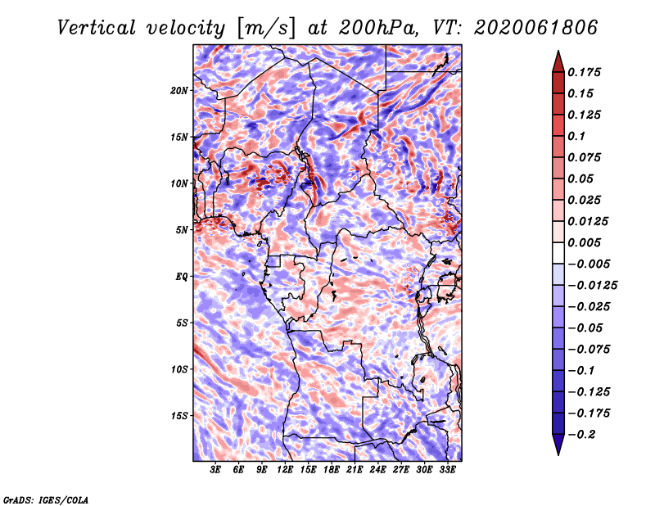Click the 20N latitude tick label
[x=179, y=91]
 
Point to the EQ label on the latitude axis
[x=181, y=277]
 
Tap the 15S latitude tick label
[x=179, y=416]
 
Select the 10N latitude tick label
[x=179, y=183]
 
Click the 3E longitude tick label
[x=215, y=470]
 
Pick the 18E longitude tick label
[x=332, y=470]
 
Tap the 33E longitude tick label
[x=447, y=470]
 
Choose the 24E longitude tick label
[x=377, y=470]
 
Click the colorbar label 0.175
[x=584, y=72]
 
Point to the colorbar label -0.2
[x=581, y=435]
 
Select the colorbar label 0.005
[x=584, y=242]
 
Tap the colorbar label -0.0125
[x=593, y=286]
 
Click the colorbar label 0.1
[x=576, y=136]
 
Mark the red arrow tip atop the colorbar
[x=558, y=51]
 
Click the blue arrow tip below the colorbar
[x=558, y=454]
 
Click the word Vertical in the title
[x=97, y=28]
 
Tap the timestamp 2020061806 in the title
[x=536, y=28]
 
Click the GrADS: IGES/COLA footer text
[x=46, y=499]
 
